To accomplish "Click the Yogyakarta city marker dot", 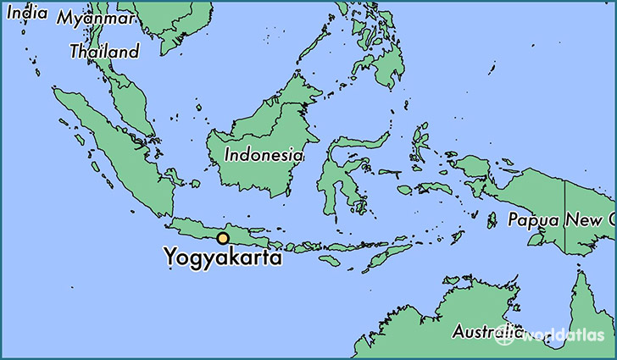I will (223, 239).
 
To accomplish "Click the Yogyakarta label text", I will (223, 257).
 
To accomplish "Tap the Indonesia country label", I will (264, 155).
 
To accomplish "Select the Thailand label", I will (104, 52).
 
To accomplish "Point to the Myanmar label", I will (97, 18).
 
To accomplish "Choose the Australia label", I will (484, 330).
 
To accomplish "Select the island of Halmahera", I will (421, 144).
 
